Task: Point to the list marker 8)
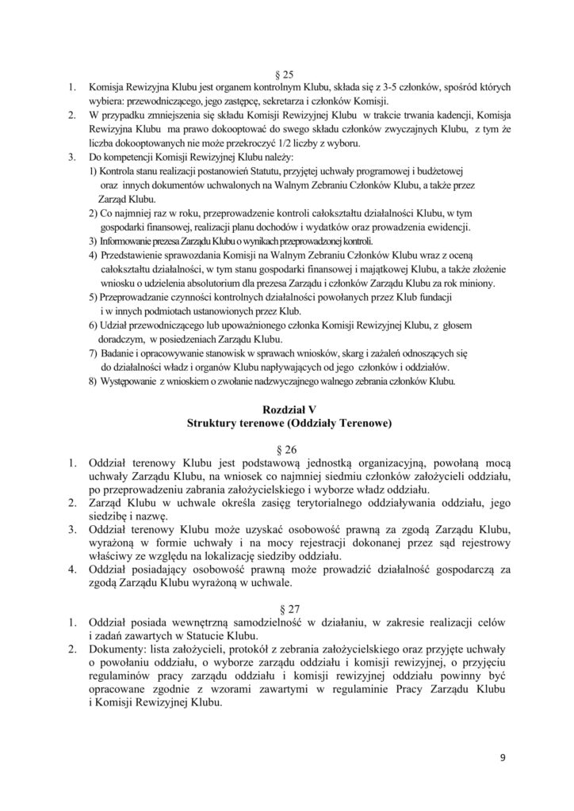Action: [x=93, y=382]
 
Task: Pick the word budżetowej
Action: [x=438, y=170]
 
